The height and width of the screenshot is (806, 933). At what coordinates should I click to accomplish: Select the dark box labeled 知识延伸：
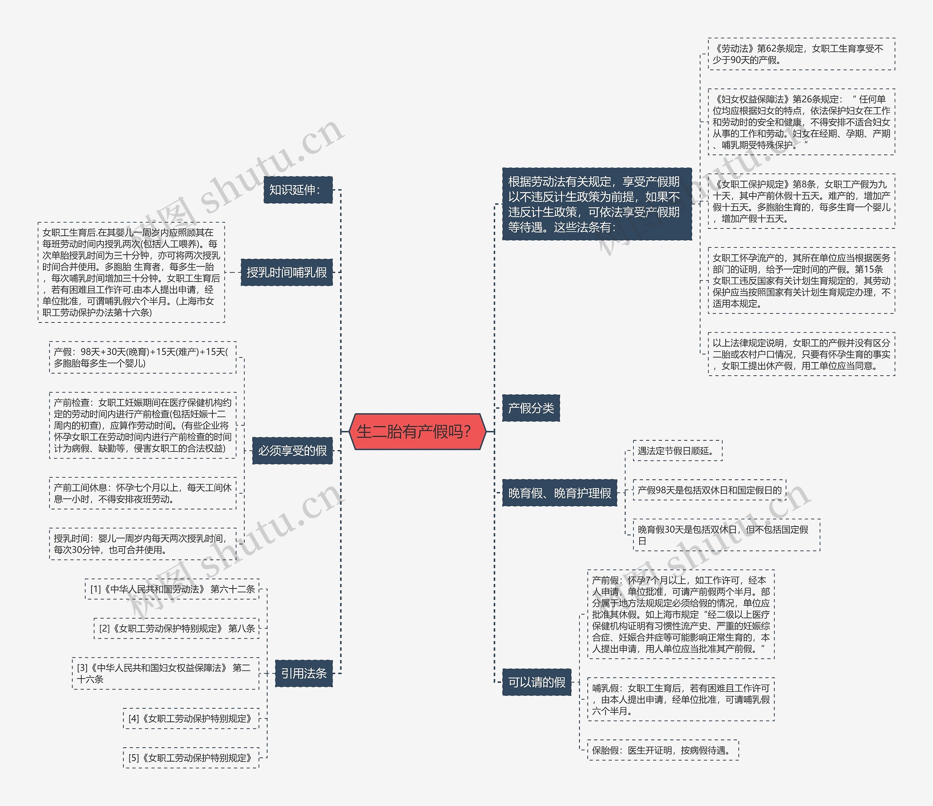point(298,189)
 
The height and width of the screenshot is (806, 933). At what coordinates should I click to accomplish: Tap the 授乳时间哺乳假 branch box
point(286,272)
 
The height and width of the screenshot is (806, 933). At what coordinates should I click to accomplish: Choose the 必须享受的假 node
point(292,450)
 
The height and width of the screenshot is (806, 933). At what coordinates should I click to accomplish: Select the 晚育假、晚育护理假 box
point(559,493)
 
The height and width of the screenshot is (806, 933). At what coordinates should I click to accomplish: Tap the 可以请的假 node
point(536,682)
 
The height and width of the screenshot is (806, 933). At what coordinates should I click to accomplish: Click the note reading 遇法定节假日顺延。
point(677,451)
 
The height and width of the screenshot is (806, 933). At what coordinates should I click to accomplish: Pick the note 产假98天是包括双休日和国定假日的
point(709,490)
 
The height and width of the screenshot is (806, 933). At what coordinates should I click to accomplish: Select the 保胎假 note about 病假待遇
point(663,750)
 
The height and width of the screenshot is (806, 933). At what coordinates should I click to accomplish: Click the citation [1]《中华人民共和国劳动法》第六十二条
point(172,589)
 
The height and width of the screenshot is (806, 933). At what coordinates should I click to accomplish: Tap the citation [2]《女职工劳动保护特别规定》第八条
point(176,628)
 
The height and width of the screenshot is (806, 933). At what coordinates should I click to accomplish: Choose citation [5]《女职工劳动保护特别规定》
point(191,758)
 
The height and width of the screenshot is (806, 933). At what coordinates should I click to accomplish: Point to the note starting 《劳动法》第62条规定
point(801,54)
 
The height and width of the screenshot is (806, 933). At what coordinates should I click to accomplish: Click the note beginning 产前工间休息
point(142,493)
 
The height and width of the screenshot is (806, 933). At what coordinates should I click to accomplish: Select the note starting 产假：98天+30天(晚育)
point(142,357)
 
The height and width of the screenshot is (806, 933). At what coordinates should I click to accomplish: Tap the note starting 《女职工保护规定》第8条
point(801,201)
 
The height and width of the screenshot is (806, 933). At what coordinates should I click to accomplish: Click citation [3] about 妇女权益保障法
point(165,673)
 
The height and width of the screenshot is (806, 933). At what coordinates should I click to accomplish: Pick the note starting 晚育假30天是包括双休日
point(726,535)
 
